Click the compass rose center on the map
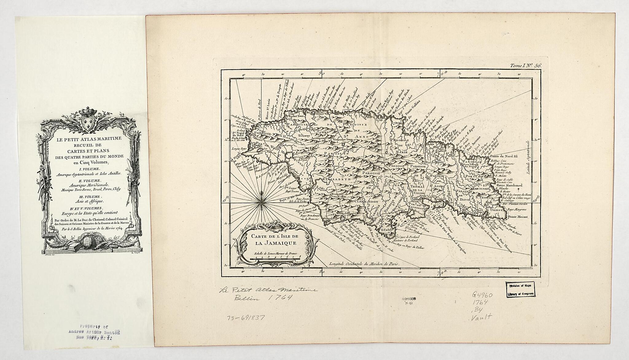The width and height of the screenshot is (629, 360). click(x=261, y=202)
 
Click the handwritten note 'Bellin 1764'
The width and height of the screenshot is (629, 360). click(x=252, y=298)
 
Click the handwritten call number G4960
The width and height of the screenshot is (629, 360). click(x=482, y=295)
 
